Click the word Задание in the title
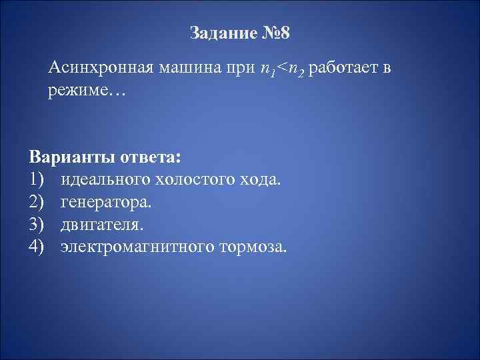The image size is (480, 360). pos(218,33)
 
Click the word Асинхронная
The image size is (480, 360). pos(99,69)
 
